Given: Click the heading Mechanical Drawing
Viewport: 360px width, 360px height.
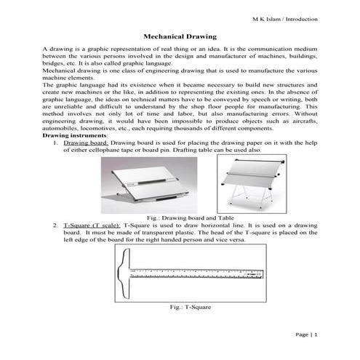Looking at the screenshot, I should coord(180,35).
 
